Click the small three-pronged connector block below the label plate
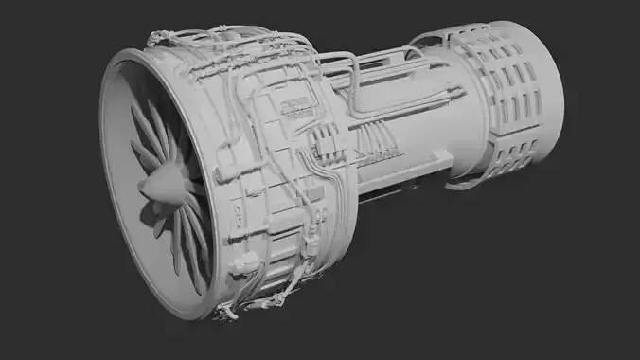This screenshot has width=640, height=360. point(321,142)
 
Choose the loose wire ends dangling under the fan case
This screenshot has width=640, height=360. point(227,313)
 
